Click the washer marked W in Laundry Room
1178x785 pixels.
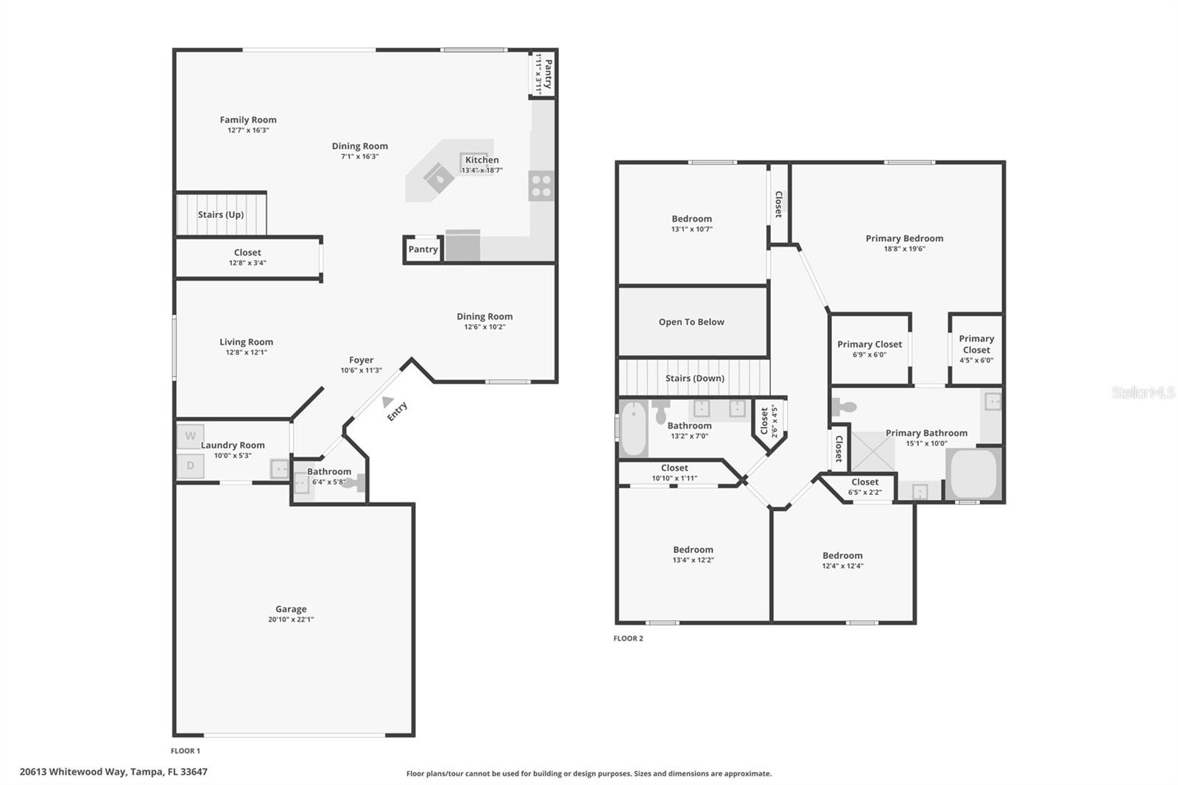(x=190, y=436)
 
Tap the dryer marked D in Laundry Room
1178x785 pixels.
(x=190, y=465)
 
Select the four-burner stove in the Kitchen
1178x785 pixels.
(x=541, y=186)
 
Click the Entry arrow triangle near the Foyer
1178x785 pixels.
(x=387, y=401)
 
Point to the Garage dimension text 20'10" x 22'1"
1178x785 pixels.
(x=291, y=619)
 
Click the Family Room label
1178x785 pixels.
(x=248, y=120)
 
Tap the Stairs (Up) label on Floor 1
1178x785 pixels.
(x=220, y=214)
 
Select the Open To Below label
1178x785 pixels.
(x=691, y=322)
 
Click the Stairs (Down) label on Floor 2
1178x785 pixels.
(x=694, y=378)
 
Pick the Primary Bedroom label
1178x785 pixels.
(x=904, y=239)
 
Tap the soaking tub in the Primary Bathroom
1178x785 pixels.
(x=973, y=474)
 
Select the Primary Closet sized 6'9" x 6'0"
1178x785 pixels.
(x=870, y=348)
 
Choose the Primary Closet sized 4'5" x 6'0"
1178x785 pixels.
(x=976, y=348)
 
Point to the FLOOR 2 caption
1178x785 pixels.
(x=628, y=638)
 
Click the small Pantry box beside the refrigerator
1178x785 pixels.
(x=423, y=250)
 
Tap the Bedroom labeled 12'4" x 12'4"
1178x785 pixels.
(x=842, y=560)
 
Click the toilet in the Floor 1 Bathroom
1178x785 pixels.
(x=356, y=483)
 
